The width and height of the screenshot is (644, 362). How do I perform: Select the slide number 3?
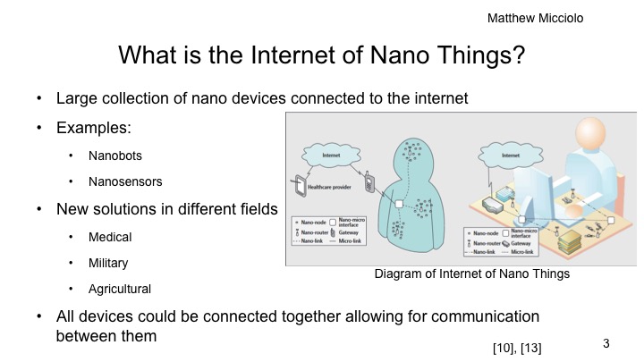(606, 343)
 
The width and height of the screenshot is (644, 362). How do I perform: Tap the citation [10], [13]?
(517, 346)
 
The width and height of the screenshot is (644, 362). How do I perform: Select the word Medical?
(110, 237)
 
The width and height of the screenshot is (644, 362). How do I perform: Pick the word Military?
(108, 263)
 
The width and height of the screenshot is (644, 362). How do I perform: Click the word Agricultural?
(119, 289)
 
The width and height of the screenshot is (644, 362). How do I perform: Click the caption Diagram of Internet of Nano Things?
(471, 274)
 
